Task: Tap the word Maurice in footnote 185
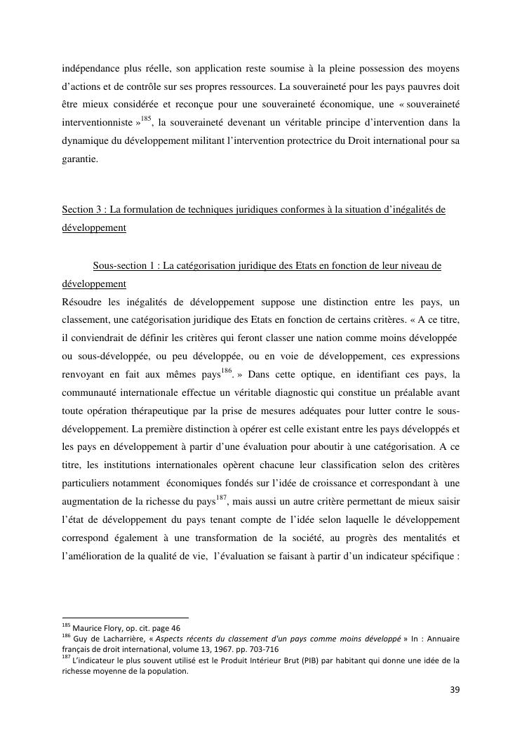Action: pos(89,627)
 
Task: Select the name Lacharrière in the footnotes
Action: pos(123,639)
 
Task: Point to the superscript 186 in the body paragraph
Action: pos(229,352)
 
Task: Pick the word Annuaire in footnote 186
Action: pos(440,639)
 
